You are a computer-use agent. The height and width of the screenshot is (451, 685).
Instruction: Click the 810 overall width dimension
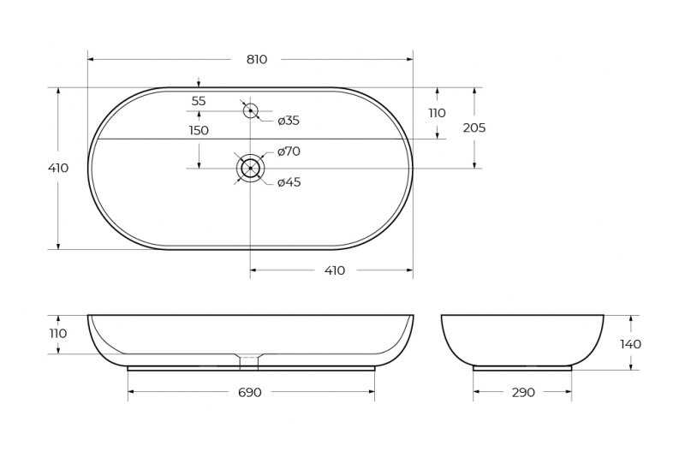point(256,59)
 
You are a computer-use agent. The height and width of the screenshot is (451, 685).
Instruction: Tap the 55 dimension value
point(199,101)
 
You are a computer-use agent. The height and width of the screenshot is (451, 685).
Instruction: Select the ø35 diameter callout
point(289,121)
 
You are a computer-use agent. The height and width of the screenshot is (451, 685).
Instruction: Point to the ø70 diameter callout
point(289,151)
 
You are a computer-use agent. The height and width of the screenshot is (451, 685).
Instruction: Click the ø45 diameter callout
point(289,182)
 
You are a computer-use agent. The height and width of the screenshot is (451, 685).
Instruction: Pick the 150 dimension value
point(199,131)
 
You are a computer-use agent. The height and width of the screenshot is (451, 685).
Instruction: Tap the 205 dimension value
point(474,128)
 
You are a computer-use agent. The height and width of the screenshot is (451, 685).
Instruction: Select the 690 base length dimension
point(250,393)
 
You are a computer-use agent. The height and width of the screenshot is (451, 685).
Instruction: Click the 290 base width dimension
point(523,393)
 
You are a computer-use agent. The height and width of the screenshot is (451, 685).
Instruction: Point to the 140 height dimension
point(631,345)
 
